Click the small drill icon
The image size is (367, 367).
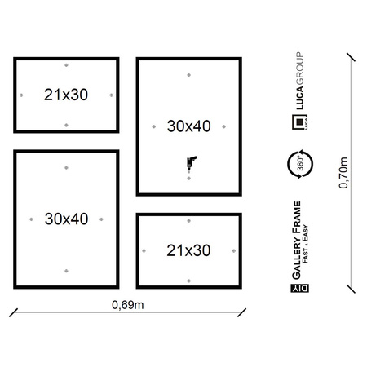(x=191, y=163)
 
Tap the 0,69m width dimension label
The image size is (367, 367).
(x=128, y=305)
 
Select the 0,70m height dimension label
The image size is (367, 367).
(x=343, y=173)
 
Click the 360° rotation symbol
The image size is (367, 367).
(x=300, y=164)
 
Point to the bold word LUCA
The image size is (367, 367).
(x=299, y=98)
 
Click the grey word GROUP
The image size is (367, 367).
(x=299, y=69)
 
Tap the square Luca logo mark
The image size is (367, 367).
(x=300, y=122)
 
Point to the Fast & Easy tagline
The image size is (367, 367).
(x=306, y=244)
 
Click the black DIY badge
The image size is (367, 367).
(x=300, y=288)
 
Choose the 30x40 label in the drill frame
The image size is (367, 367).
(x=189, y=126)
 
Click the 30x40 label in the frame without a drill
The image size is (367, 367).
(x=67, y=219)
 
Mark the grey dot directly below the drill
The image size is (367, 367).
(x=189, y=179)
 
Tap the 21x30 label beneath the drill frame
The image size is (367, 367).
(x=188, y=250)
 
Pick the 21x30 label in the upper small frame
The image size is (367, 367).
(x=66, y=95)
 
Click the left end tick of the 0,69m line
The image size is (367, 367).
(x=13, y=312)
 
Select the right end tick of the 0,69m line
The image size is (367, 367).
(x=241, y=312)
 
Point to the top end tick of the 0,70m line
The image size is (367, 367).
(x=351, y=57)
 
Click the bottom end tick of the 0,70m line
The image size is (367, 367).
(x=351, y=289)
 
